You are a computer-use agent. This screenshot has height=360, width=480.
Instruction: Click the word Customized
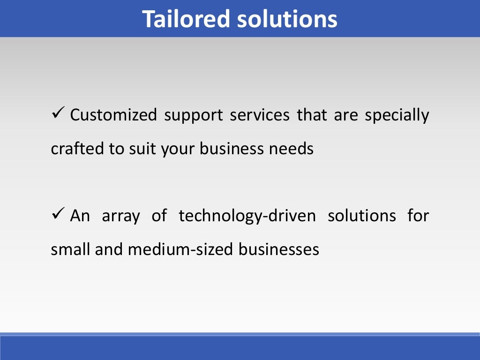tap(113, 115)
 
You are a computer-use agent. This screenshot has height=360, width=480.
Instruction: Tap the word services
tap(260, 115)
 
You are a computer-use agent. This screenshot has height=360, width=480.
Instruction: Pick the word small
tap(71, 249)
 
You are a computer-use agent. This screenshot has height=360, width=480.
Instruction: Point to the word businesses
tap(278, 249)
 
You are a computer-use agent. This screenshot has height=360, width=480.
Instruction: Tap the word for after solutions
tap(418, 216)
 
